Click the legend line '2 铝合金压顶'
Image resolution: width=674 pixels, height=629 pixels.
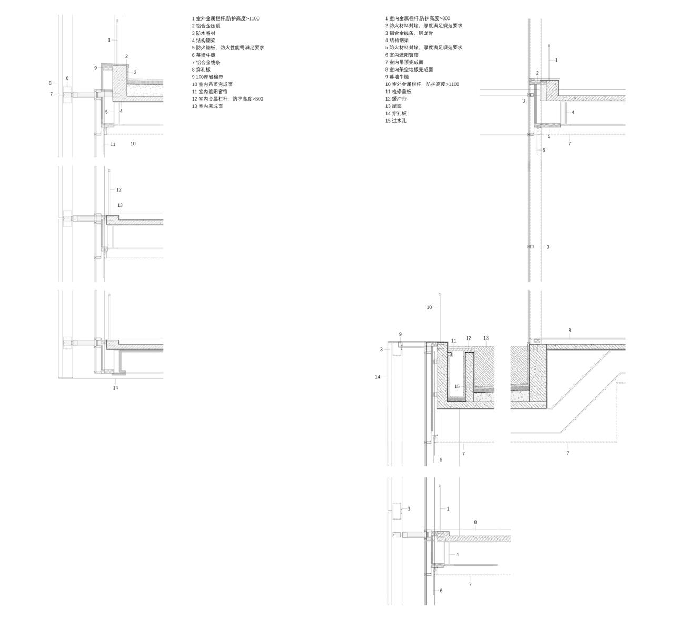[206, 26]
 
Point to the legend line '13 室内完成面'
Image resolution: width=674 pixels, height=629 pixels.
[207, 106]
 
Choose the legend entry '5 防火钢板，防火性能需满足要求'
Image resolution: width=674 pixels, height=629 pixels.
[227, 48]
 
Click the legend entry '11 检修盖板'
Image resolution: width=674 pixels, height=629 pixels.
[398, 92]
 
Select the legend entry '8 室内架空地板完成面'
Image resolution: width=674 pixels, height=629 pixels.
[409, 69]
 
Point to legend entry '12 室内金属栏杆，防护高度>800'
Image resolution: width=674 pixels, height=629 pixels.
[227, 99]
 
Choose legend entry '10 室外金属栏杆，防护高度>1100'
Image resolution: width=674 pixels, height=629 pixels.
[422, 84]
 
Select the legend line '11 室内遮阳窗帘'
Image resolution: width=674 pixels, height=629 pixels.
[210, 92]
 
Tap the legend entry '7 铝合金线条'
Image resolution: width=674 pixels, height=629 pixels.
[206, 62]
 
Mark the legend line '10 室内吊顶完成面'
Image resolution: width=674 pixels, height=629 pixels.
[212, 84]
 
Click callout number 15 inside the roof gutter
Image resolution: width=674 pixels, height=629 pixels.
[457, 386]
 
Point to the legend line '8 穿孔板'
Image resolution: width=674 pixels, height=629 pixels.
[201, 69]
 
